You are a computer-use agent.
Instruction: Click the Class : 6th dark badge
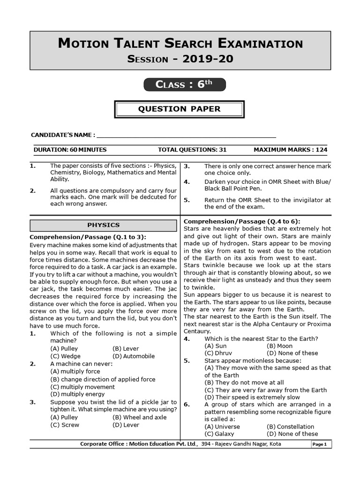point(184,84)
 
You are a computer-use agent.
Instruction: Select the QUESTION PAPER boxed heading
point(179,109)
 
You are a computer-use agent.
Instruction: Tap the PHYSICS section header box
point(104,225)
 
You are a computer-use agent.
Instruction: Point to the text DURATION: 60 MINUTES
point(70,150)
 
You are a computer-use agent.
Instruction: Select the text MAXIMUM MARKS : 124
point(290,150)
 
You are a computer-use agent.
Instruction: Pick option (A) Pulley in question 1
point(64,349)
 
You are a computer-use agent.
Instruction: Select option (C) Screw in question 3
point(65,425)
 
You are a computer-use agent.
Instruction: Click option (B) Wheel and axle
point(139,417)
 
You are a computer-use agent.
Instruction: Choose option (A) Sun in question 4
point(216,346)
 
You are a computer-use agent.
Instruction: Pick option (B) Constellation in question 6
point(290,427)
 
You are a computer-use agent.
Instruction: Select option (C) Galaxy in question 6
point(219,434)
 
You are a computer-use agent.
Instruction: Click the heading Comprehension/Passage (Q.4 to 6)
point(242,221)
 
